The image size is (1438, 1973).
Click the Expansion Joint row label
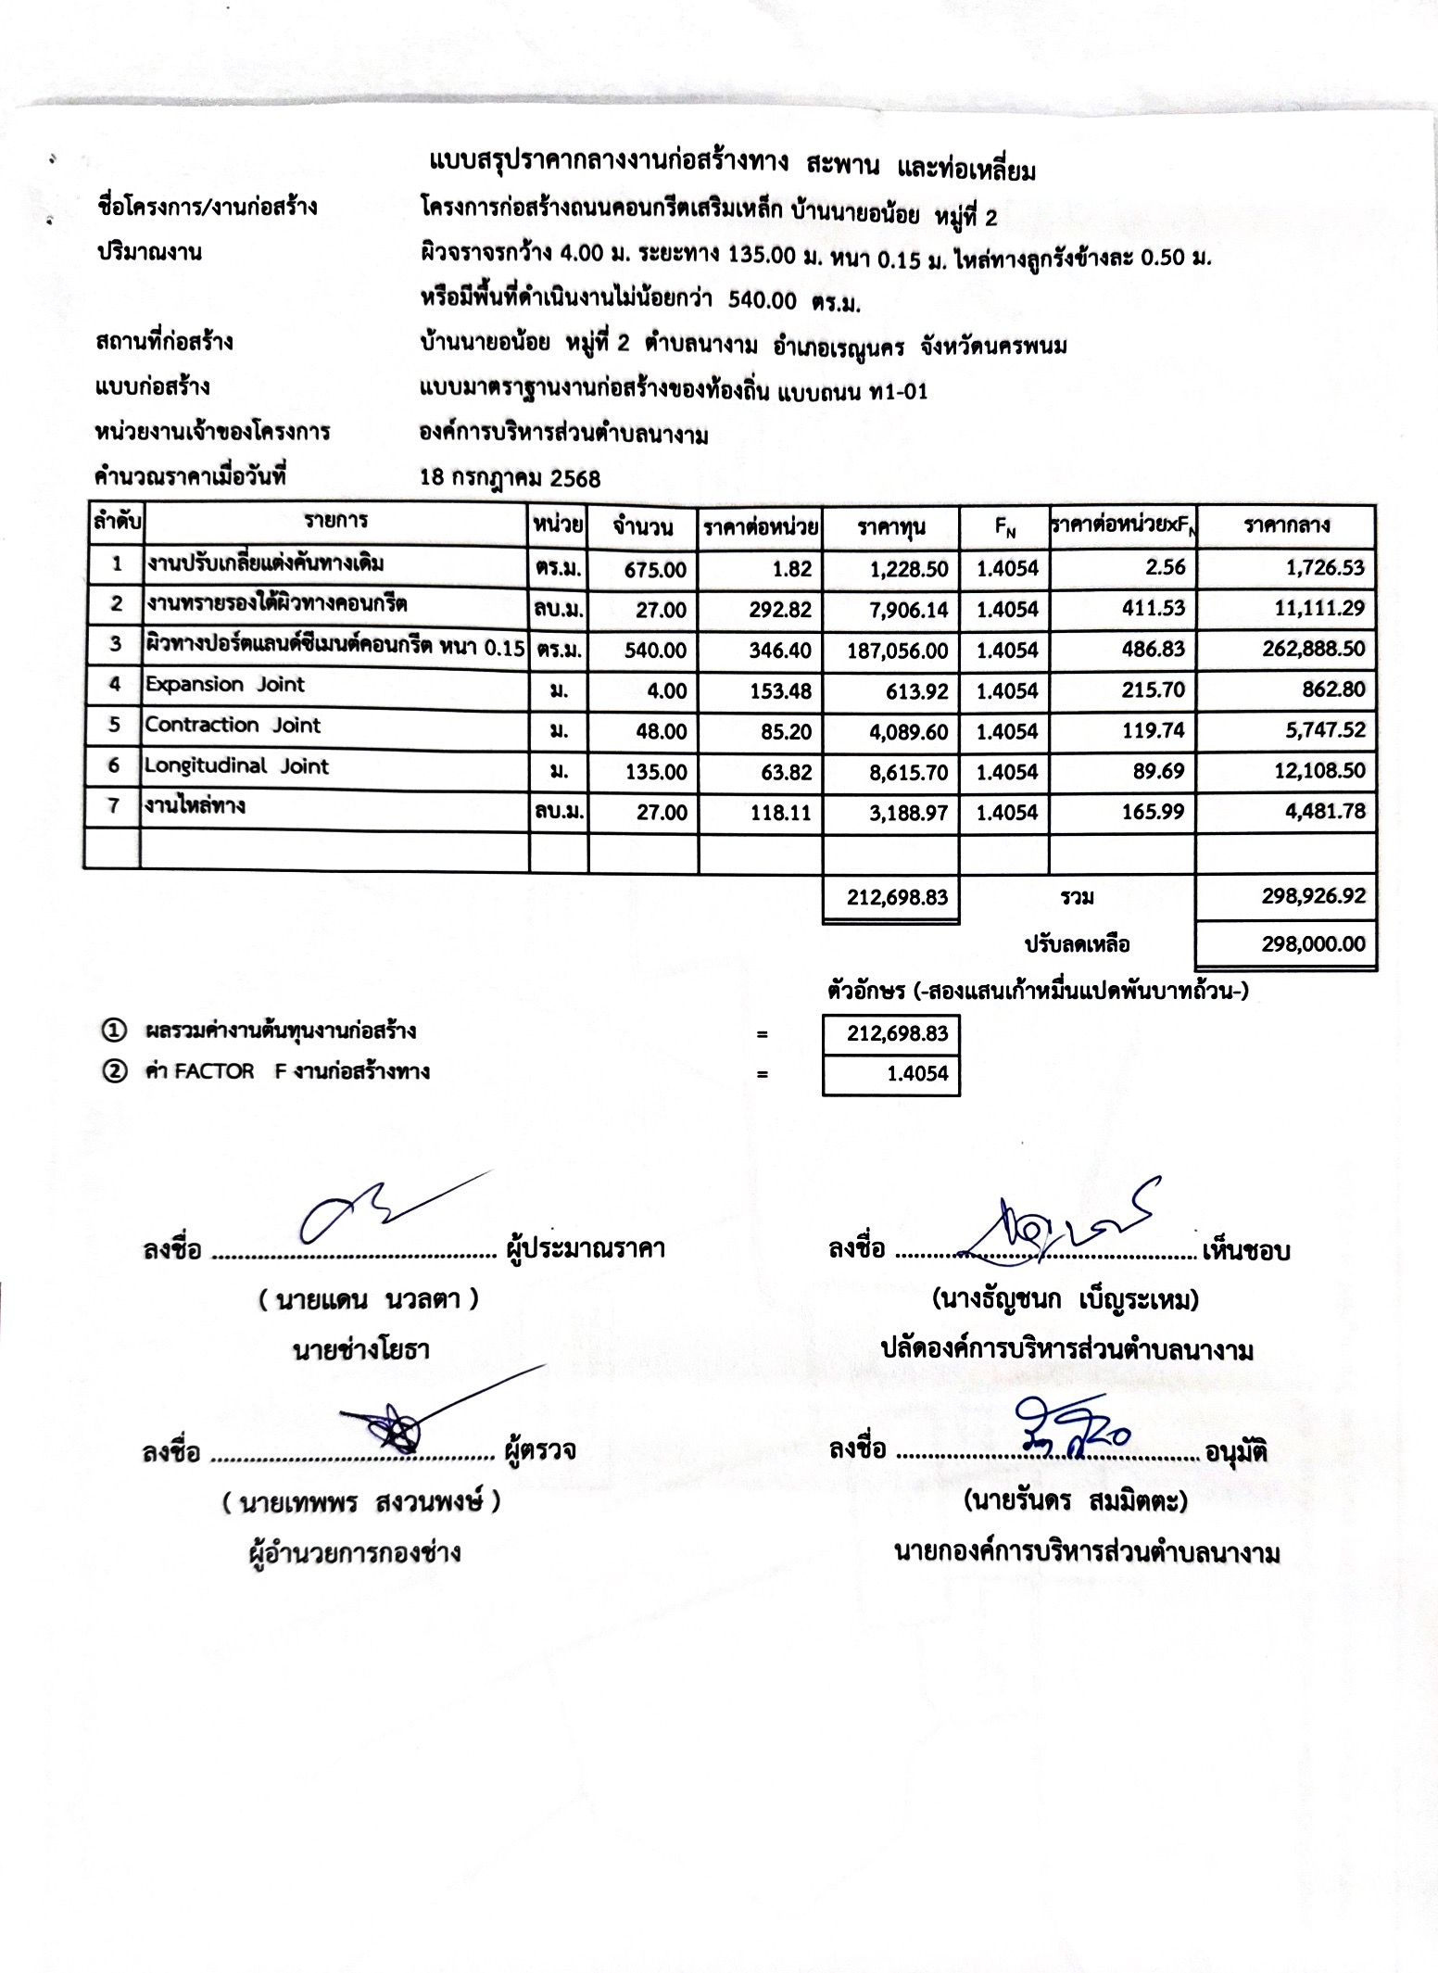click(225, 685)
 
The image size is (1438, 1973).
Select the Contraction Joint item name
click(233, 726)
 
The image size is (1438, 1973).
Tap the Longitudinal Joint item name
click(237, 766)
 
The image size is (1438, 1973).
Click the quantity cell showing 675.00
click(655, 569)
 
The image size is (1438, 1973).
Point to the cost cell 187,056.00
click(897, 651)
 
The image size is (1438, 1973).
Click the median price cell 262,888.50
click(1313, 649)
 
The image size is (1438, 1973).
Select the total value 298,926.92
click(1313, 896)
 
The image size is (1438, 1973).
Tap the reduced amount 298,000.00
click(1313, 944)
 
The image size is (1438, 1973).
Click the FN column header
click(1004, 527)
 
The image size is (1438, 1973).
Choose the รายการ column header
click(336, 521)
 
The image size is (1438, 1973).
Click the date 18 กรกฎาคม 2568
click(510, 479)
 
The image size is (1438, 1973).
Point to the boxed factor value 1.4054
click(917, 1075)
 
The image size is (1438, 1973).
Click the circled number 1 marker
click(113, 1031)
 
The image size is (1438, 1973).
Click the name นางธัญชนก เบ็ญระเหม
click(1066, 1300)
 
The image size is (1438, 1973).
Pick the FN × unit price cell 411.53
click(1153, 609)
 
